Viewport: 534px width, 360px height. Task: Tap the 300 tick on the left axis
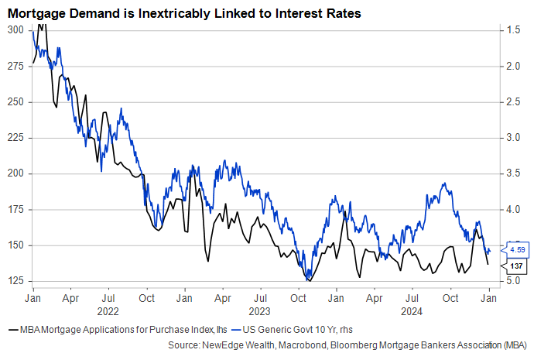pyautogui.click(x=15, y=29)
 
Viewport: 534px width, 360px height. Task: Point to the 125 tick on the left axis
pyautogui.click(x=15, y=280)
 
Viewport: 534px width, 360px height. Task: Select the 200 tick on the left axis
pyautogui.click(x=15, y=173)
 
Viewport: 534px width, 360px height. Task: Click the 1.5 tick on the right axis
pyautogui.click(x=514, y=29)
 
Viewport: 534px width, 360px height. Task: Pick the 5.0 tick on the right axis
pyautogui.click(x=514, y=280)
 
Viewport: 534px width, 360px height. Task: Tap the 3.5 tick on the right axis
pyautogui.click(x=514, y=173)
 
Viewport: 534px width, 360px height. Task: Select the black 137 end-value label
pyautogui.click(x=518, y=265)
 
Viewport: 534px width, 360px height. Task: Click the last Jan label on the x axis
pyautogui.click(x=489, y=297)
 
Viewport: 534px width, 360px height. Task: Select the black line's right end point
pyautogui.click(x=488, y=265)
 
